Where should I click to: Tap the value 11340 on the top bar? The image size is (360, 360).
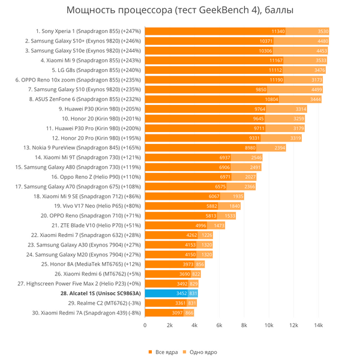pos(278,31)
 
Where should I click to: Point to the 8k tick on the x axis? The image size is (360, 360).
pos(244,325)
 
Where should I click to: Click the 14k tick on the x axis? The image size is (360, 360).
pos(319,325)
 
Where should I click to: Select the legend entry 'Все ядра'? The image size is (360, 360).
pos(163,352)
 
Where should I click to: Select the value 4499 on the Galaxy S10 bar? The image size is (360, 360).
pos(313,89)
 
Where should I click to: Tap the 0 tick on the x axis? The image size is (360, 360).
pos(145,325)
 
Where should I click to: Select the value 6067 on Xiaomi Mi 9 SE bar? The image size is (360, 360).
pos(214,196)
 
